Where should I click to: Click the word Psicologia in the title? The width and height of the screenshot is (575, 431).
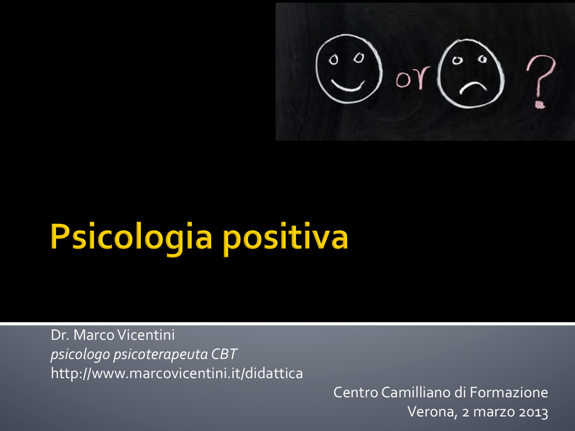pyautogui.click(x=131, y=237)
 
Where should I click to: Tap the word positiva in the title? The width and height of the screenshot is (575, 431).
pyautogui.click(x=285, y=238)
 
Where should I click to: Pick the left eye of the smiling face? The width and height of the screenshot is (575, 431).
pyautogui.click(x=334, y=59)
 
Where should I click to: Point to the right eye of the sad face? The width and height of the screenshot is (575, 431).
pyautogui.click(x=482, y=59)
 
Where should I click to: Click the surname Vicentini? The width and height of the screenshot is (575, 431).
pyautogui.click(x=147, y=334)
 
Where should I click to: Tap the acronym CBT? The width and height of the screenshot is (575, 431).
pyautogui.click(x=225, y=354)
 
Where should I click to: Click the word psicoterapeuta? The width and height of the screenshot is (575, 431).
pyautogui.click(x=161, y=355)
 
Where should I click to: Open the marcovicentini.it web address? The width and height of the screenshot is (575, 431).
pyautogui.click(x=177, y=373)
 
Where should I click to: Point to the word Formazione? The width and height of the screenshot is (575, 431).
pyautogui.click(x=509, y=392)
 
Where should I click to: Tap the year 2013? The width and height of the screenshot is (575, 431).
pyautogui.click(x=533, y=412)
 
